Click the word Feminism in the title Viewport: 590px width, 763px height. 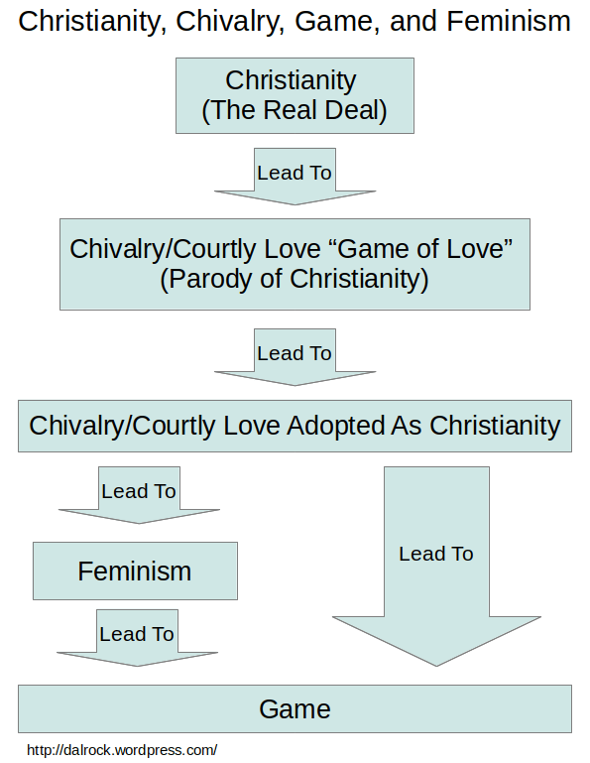[x=509, y=22]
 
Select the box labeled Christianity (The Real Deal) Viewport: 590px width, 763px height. [x=295, y=95]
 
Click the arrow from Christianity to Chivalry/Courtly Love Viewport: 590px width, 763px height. [x=295, y=177]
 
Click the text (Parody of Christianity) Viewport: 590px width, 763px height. [x=295, y=279]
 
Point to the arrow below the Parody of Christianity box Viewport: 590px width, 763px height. [x=295, y=357]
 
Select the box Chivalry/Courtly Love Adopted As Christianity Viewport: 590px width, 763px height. [x=295, y=427]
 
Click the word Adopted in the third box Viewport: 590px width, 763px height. [x=335, y=427]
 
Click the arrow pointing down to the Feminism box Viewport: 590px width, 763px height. [x=139, y=495]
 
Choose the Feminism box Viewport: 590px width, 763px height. [x=135, y=571]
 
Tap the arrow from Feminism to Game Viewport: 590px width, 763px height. [x=137, y=637]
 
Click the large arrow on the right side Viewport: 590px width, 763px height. [x=436, y=566]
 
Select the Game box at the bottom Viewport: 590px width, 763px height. [x=295, y=709]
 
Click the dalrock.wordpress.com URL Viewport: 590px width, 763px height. [x=122, y=750]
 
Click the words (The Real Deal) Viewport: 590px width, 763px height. [x=295, y=110]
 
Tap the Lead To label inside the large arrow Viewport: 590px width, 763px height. [x=436, y=554]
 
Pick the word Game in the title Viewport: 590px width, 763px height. [x=337, y=22]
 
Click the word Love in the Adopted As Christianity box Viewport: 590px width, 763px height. [x=252, y=426]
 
